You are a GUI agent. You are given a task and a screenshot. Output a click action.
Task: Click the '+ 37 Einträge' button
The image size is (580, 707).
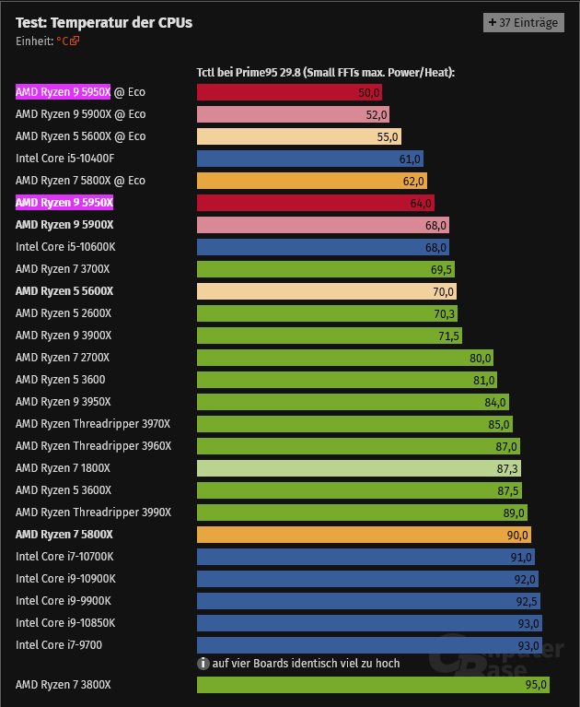point(523,23)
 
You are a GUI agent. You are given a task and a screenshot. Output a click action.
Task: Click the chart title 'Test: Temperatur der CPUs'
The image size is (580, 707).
point(104,23)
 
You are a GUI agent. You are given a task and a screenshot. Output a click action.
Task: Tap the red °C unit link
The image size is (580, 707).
point(68,41)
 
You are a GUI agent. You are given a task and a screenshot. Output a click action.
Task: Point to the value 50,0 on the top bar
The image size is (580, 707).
point(368,92)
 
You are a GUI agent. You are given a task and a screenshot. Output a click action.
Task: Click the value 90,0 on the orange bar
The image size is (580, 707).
point(516,535)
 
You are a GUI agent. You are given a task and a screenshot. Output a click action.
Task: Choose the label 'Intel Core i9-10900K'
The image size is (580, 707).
point(65,579)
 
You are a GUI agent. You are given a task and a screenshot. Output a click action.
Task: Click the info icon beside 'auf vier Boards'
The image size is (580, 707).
point(203,663)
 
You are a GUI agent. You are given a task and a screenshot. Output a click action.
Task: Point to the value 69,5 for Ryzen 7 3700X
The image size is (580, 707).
point(441,269)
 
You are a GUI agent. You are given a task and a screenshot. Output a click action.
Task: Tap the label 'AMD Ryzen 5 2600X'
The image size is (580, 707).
point(64,313)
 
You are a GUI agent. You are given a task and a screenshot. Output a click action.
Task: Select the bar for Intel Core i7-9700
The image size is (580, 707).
point(369,645)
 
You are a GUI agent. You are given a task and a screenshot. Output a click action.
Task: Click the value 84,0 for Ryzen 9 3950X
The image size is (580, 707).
point(494,402)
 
